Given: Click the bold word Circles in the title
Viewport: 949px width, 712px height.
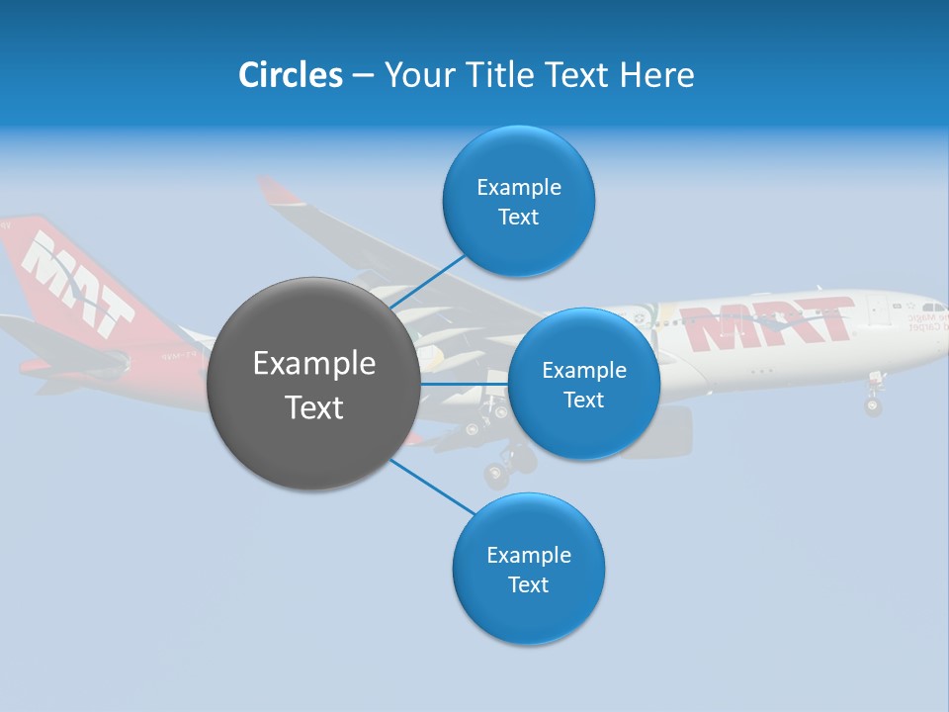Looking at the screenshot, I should click(x=290, y=75).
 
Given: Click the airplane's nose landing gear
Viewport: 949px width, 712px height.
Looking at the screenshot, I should click(x=873, y=400).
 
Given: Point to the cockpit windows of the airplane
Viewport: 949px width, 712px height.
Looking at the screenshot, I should click(x=932, y=309).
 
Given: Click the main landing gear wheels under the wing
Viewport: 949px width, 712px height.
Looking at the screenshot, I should click(x=508, y=465).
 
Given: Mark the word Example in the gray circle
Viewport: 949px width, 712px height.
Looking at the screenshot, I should click(x=314, y=364).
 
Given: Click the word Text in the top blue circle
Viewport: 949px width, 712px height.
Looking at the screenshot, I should click(x=518, y=218).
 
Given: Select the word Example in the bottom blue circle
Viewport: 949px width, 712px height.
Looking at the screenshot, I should click(x=528, y=555).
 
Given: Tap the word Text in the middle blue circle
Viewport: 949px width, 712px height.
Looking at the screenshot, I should click(x=583, y=400).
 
